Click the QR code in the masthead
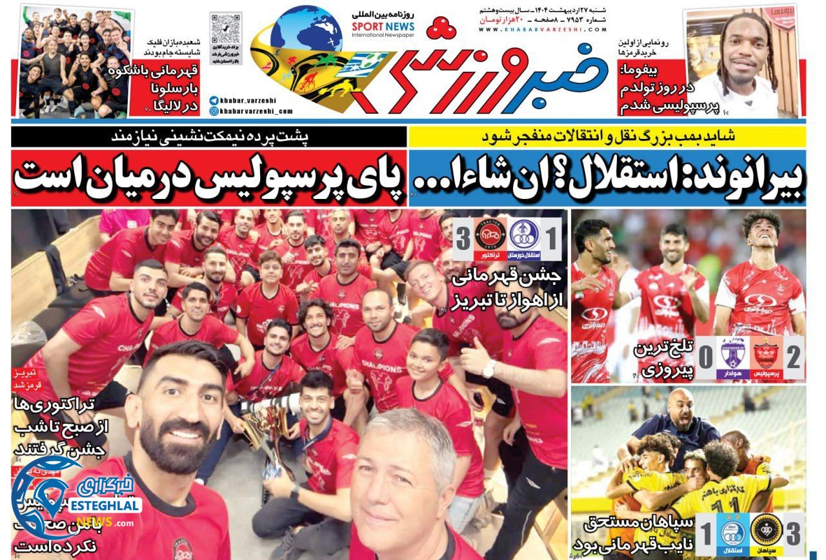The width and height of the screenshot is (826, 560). (226, 30)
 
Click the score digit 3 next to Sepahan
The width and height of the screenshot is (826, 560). (793, 534)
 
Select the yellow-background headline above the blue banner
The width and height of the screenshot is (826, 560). (607, 136)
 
